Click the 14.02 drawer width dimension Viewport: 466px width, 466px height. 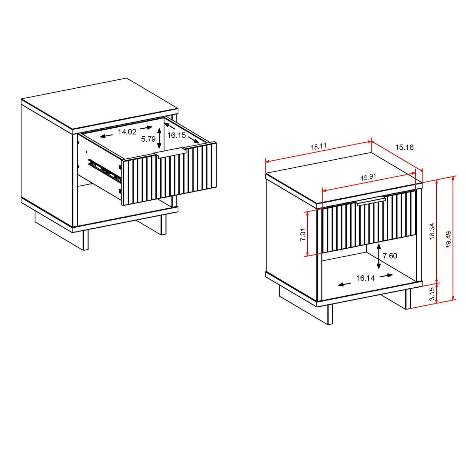127,132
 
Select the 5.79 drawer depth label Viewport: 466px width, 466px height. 148,139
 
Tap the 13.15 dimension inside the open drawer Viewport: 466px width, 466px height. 177,135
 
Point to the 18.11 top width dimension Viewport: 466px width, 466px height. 319,146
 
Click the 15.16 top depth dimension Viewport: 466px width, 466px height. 404,147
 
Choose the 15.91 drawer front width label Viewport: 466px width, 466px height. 368,177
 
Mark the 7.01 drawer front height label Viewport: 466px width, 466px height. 302,234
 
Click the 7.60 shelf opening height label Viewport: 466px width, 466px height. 390,256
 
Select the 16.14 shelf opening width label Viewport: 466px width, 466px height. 365,278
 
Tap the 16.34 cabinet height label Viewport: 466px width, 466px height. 432,231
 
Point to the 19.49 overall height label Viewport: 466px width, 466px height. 448,239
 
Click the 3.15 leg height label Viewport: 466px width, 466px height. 432,294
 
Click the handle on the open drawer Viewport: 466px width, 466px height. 170,153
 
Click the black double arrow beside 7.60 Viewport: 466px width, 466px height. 379,256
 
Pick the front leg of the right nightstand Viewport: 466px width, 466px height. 330,314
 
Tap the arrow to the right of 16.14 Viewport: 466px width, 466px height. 386,276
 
